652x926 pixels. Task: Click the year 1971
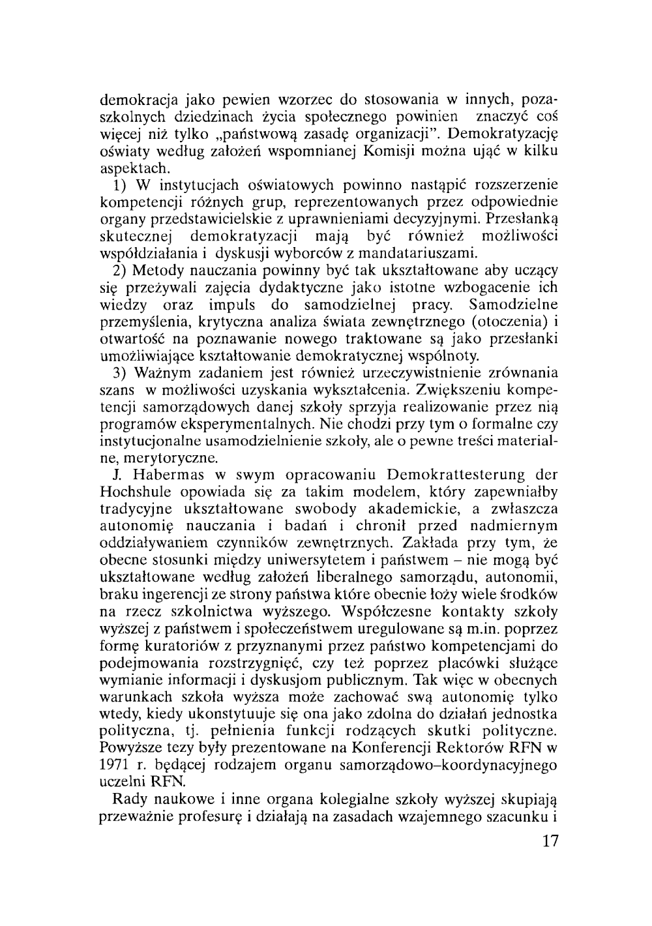click(112, 762)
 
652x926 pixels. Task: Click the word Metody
click(156, 270)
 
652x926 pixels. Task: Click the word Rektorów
click(464, 745)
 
